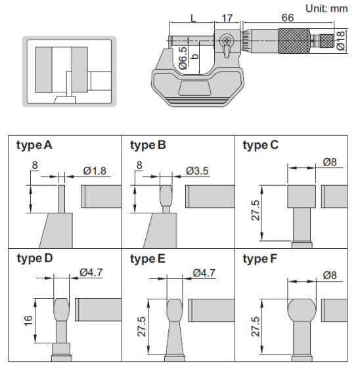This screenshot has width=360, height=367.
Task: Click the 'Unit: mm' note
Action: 326,9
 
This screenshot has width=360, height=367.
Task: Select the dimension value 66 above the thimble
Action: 288,18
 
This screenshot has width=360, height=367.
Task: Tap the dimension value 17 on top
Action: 227,18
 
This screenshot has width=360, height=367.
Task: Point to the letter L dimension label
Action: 193,18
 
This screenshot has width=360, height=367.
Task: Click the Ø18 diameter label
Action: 341,40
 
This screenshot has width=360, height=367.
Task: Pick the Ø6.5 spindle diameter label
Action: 183,58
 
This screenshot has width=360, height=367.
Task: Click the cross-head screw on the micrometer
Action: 227,41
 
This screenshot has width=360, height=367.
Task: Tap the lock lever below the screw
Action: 227,52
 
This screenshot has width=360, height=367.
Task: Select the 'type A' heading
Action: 34,145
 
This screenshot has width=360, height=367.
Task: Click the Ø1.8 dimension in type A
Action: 95,171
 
